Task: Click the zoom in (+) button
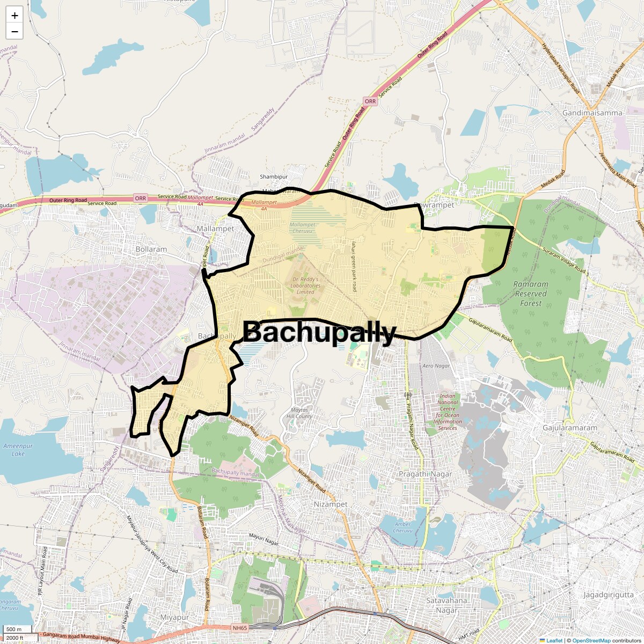click(14, 16)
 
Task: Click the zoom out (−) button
click(14, 31)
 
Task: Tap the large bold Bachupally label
click(319, 333)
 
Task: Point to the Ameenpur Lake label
click(14, 450)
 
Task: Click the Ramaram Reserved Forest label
click(531, 294)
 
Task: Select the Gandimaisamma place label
click(592, 113)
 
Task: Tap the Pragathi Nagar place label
click(425, 474)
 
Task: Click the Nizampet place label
click(331, 504)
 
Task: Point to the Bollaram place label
click(151, 250)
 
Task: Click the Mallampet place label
click(215, 229)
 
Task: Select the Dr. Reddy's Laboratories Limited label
click(305, 286)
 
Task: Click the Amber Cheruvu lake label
click(402, 527)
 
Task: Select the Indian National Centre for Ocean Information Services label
click(448, 412)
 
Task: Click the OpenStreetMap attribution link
click(591, 640)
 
